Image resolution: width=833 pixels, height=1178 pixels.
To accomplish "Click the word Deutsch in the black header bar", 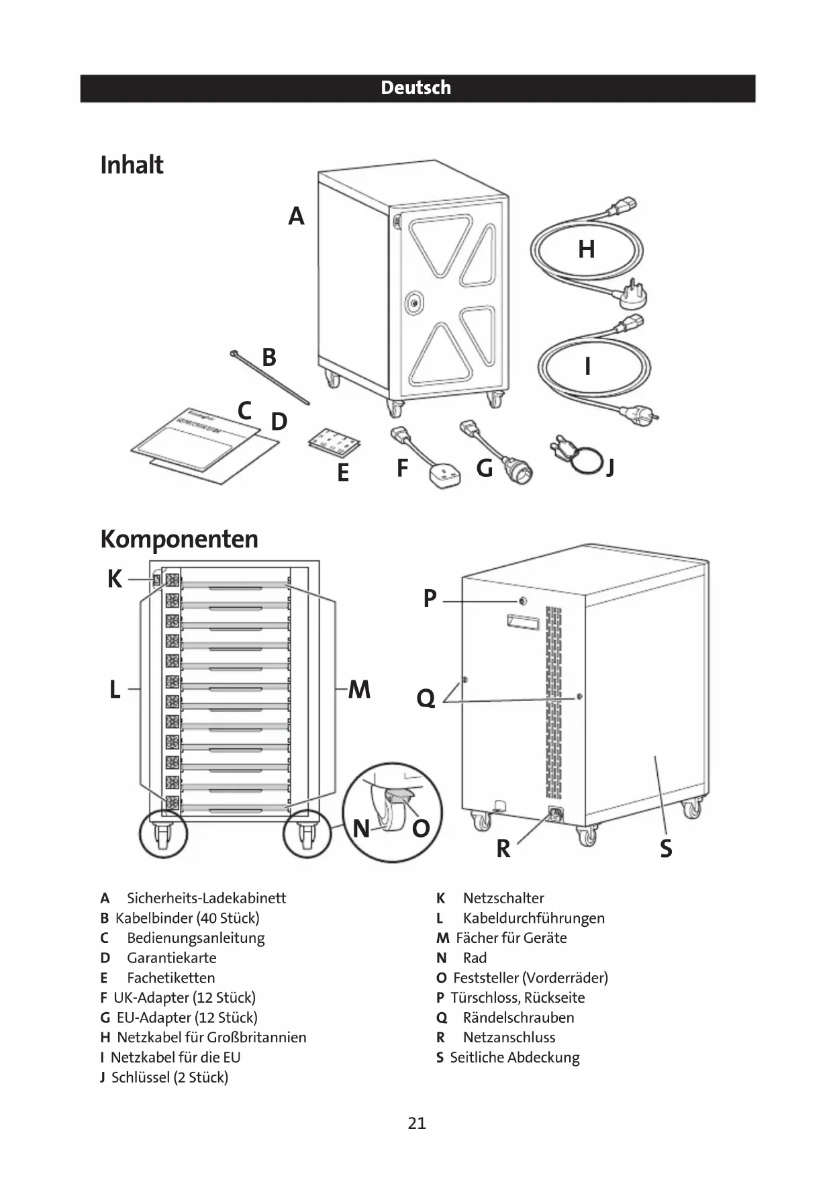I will pyautogui.click(x=415, y=88).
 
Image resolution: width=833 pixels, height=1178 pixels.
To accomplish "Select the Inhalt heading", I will pyautogui.click(x=132, y=165).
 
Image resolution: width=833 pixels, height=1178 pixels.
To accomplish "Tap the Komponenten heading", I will pyautogui.click(x=179, y=539).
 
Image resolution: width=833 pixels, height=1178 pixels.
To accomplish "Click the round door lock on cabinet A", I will pyautogui.click(x=414, y=303).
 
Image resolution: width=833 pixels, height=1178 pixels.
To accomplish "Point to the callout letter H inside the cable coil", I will pyautogui.click(x=586, y=249).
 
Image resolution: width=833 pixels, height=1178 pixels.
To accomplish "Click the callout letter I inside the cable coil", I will pyautogui.click(x=587, y=367).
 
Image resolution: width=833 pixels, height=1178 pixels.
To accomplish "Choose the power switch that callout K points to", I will pyautogui.click(x=156, y=579).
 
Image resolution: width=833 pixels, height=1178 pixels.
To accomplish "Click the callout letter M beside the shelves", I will pyautogui.click(x=360, y=689).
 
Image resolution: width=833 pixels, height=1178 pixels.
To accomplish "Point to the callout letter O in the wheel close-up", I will pyautogui.click(x=421, y=829).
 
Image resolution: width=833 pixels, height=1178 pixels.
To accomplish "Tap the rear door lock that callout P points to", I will pyautogui.click(x=523, y=600).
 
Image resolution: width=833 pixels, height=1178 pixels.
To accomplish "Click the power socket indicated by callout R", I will pyautogui.click(x=555, y=814).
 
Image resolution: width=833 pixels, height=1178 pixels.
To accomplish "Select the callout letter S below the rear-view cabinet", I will pyautogui.click(x=666, y=849).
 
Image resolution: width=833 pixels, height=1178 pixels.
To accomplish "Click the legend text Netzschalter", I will pyautogui.click(x=503, y=898).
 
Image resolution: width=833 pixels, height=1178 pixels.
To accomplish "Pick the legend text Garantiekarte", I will pyautogui.click(x=171, y=958).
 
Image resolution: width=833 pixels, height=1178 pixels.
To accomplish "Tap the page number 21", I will pyautogui.click(x=417, y=1123).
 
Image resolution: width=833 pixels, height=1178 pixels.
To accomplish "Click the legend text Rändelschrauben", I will pyautogui.click(x=518, y=1017).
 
